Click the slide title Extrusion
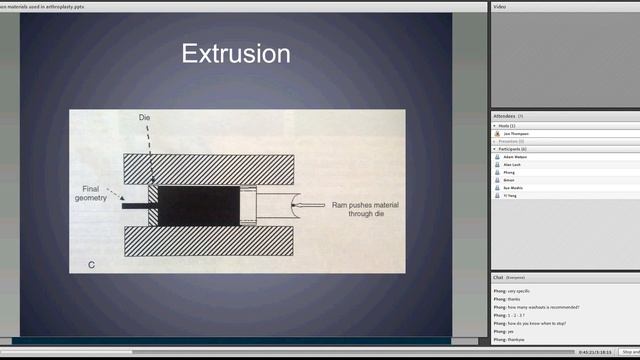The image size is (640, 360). click(236, 54)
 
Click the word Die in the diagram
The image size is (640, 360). click(144, 118)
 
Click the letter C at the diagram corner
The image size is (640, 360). click(91, 264)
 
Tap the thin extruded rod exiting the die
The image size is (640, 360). click(134, 207)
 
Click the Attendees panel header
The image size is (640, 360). click(505, 116)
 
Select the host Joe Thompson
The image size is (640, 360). click(517, 133)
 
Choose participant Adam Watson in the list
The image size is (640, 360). click(516, 157)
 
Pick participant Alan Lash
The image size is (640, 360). click(514, 165)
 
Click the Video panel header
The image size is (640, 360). click(500, 6)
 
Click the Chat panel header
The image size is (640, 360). click(498, 277)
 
